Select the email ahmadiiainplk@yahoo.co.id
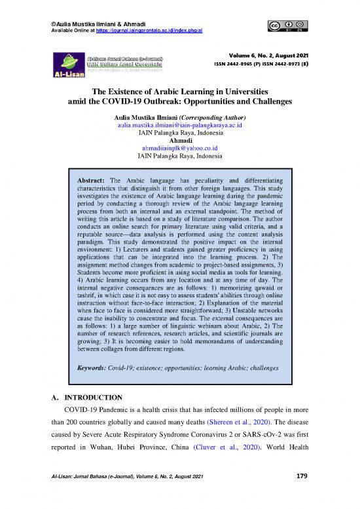pyautogui.click(x=179, y=149)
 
